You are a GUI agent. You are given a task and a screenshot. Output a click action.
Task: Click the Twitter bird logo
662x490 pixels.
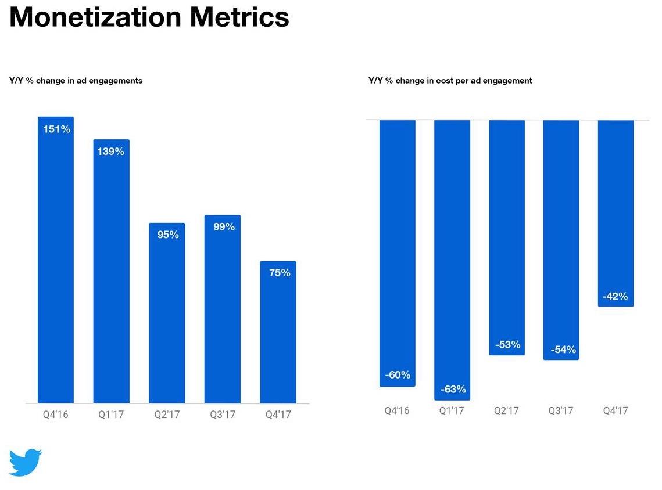pyautogui.click(x=26, y=462)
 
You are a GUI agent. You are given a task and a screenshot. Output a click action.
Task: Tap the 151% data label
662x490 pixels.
pyautogui.click(x=56, y=129)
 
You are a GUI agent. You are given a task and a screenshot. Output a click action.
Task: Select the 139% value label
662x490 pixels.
pyautogui.click(x=110, y=152)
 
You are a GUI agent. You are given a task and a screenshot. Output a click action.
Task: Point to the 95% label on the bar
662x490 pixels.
pyautogui.click(x=167, y=235)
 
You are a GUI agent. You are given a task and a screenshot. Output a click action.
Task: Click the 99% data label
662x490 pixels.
pyautogui.click(x=223, y=227)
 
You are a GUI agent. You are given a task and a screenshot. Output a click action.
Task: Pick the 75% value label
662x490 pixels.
pyautogui.click(x=279, y=273)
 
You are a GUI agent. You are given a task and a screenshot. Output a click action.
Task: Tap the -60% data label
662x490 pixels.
pyautogui.click(x=398, y=375)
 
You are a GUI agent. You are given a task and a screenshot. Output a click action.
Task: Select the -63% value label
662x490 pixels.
pyautogui.click(x=452, y=390)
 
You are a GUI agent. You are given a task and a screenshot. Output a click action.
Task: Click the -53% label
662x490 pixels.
pyautogui.click(x=507, y=344)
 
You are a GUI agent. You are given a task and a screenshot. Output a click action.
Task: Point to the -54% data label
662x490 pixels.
pyautogui.click(x=562, y=350)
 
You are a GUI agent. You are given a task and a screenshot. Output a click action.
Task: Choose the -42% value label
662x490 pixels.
pyautogui.click(x=615, y=297)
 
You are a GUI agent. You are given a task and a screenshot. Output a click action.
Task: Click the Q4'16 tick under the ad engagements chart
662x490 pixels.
pyautogui.click(x=55, y=415)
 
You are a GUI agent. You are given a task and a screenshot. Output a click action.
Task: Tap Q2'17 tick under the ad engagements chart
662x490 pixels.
pyautogui.click(x=167, y=415)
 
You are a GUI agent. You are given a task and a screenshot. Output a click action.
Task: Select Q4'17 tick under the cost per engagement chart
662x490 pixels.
pyautogui.click(x=616, y=411)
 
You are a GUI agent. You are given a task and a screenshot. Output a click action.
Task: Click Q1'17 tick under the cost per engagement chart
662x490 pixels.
pyautogui.click(x=452, y=411)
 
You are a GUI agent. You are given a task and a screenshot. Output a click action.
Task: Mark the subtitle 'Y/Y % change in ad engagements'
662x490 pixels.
pyautogui.click(x=76, y=81)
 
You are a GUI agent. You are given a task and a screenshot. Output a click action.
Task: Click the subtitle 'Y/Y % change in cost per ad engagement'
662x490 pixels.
pyautogui.click(x=450, y=81)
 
